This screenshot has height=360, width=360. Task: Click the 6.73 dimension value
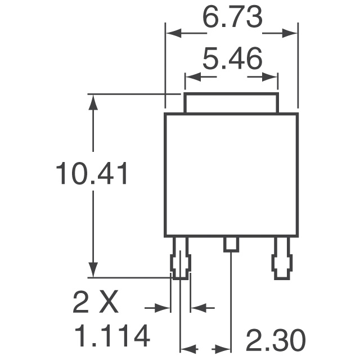pos(232,19)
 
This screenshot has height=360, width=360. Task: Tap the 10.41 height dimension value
pos(92,174)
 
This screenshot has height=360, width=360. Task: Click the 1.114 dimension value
pos(112,336)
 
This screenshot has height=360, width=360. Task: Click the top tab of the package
pos(231,103)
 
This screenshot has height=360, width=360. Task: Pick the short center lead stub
pos(231,244)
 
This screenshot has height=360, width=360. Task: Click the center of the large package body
pos(231,174)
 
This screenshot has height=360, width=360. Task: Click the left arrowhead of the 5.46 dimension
pos(191,75)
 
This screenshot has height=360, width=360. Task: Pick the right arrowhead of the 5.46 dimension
pos(272,75)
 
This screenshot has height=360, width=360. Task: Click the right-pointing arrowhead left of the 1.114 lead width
pos(164,308)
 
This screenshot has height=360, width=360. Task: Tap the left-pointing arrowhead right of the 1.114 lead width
pos(197,308)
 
